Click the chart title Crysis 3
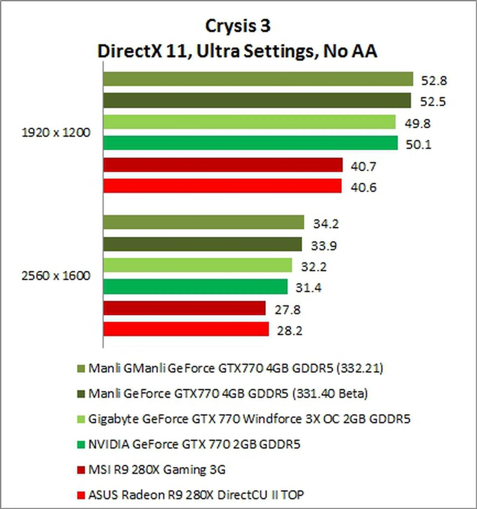point(238,26)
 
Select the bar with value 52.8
point(258,79)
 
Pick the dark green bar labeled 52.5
point(257,100)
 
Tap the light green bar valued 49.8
point(249,122)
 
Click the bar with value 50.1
point(250,143)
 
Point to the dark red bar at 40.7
point(223,165)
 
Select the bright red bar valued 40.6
point(222,186)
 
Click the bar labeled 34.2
point(203,222)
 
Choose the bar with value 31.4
point(195,287)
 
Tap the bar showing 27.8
point(184,308)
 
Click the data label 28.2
point(290,331)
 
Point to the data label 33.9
point(324,246)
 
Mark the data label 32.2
point(314,267)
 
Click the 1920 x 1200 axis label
point(56,133)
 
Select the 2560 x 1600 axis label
point(56,276)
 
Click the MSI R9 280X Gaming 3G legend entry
point(157,469)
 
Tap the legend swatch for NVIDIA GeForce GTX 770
point(81,445)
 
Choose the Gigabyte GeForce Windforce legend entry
point(249,419)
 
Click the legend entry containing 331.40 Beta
point(228,393)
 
